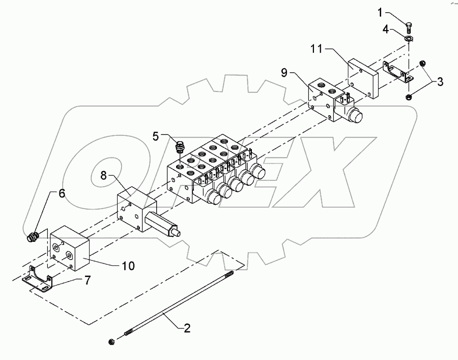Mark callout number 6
61,193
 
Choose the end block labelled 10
70,248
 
